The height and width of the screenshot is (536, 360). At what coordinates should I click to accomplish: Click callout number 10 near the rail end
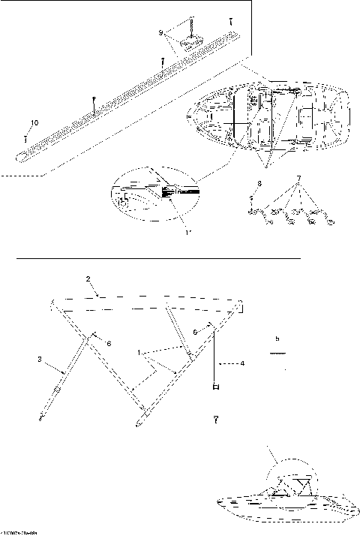pos(33,122)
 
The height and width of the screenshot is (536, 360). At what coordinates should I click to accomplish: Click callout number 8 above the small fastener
pos(259,182)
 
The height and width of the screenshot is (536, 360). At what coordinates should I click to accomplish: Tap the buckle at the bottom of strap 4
pos(217,387)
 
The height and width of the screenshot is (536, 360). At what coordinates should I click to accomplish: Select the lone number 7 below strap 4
pos(216,418)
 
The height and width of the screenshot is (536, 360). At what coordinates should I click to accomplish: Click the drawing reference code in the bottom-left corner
pos(16,532)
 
